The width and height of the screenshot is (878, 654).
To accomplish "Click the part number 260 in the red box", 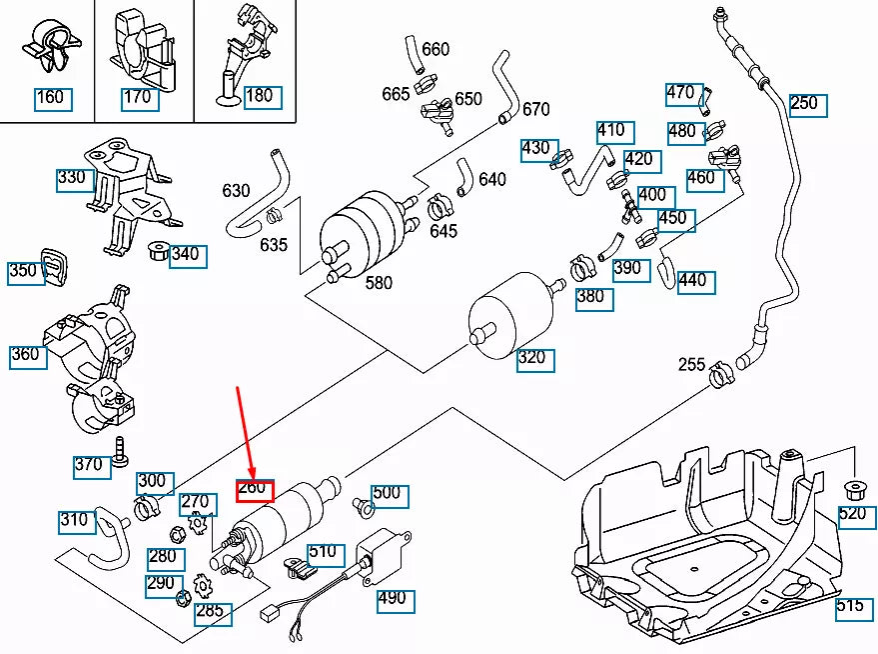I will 254,489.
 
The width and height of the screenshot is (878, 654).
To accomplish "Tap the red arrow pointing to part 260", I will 244,430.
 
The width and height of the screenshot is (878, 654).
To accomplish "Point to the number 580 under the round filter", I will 379,283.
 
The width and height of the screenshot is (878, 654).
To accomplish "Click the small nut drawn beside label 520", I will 855,491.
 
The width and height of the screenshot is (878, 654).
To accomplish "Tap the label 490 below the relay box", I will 394,599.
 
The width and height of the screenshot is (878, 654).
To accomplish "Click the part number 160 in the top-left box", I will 50,97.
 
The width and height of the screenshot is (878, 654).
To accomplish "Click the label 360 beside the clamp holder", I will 27,355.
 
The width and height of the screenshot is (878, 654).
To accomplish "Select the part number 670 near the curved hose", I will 535,109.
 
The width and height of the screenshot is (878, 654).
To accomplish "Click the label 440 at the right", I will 692,281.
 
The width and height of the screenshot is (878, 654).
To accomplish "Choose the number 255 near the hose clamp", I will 691,364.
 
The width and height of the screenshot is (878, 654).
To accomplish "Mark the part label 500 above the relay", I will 387,492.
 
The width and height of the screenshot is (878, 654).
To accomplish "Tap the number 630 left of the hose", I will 236,190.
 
